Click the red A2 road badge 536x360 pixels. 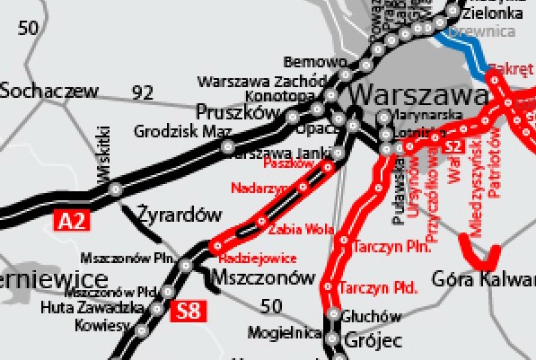[74, 219]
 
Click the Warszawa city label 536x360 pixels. [419, 93]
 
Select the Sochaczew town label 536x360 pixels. [48, 90]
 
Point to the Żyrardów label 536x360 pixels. [180, 215]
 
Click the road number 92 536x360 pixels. [142, 92]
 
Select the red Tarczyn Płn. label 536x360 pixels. [392, 246]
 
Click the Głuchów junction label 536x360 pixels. [371, 316]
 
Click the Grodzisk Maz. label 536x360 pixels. [182, 131]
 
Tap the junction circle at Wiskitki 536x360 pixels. [115, 189]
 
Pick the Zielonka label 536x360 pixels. [493, 14]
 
